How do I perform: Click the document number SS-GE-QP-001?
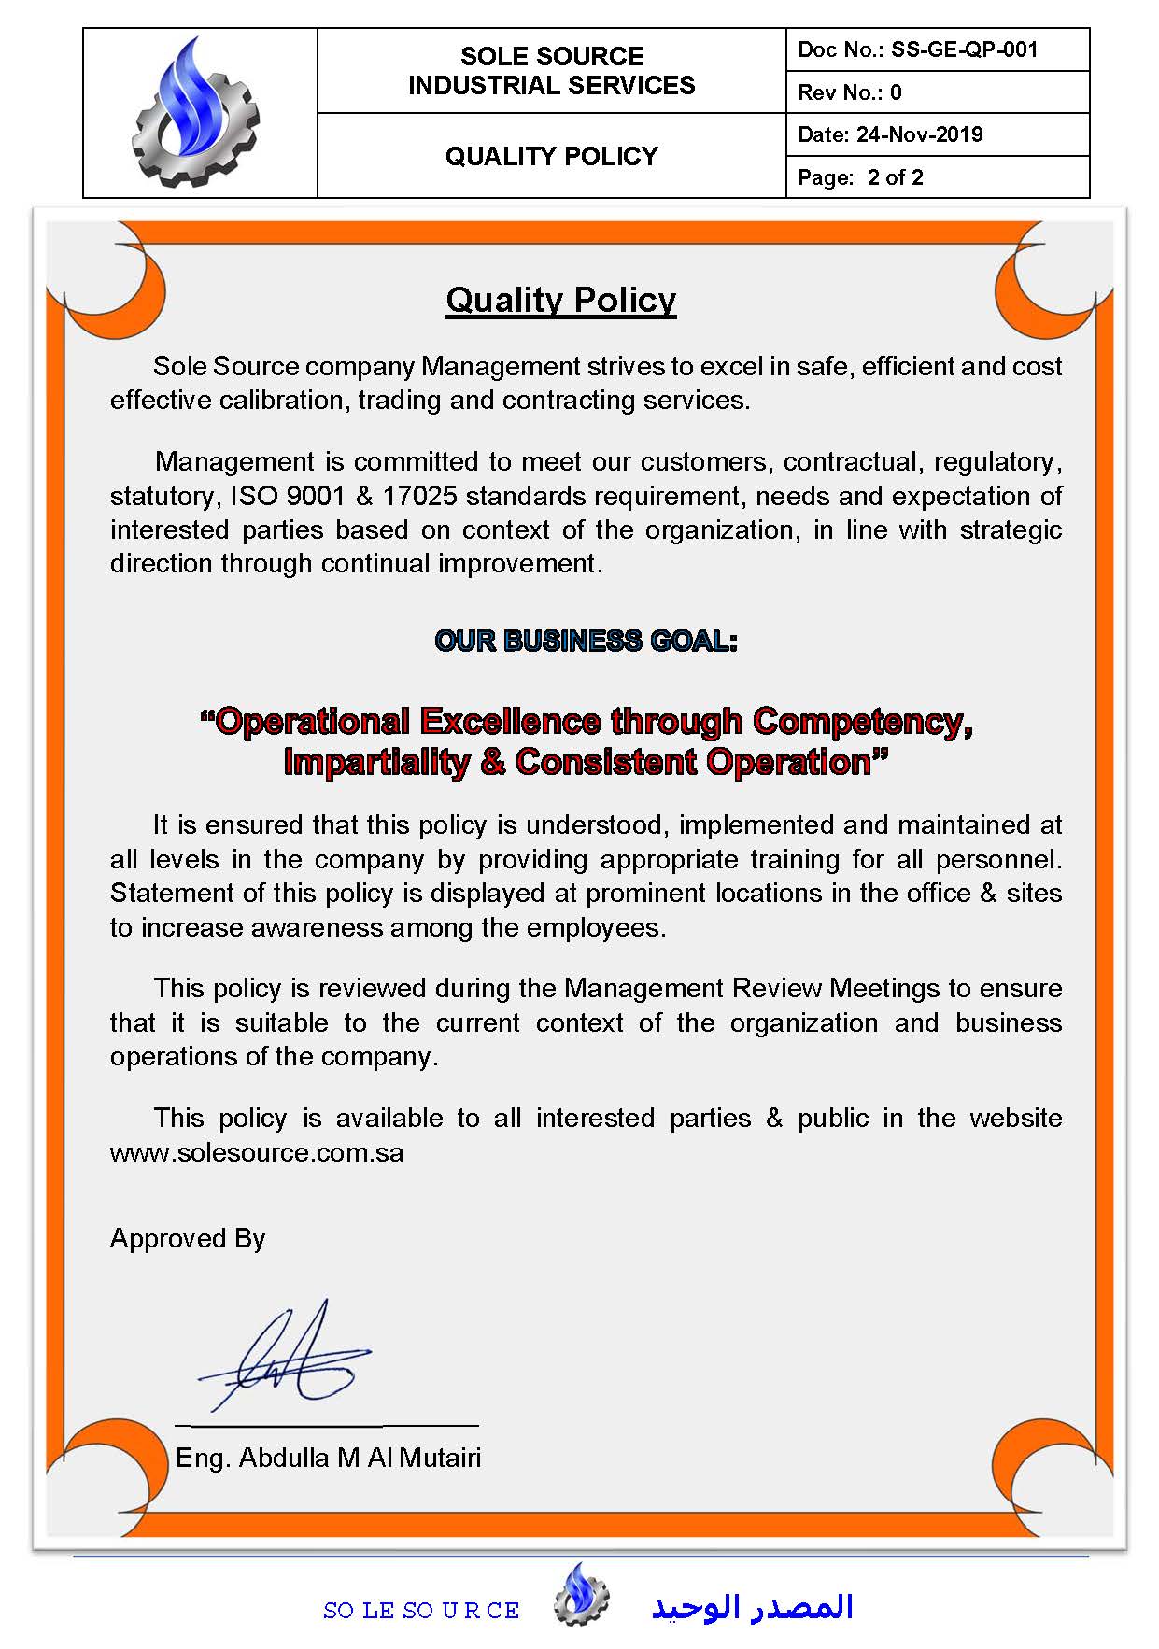[x=964, y=49]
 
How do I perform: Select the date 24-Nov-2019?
[x=919, y=134]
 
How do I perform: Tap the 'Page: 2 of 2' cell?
[x=860, y=177]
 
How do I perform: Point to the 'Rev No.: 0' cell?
[x=850, y=92]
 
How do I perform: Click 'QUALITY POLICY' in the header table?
[x=551, y=156]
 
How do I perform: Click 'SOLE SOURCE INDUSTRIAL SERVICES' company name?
[x=551, y=71]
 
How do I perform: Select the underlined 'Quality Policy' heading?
[x=560, y=300]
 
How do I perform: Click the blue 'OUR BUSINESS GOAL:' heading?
[x=586, y=641]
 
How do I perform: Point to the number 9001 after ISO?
[x=315, y=496]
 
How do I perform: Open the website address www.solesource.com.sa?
[x=257, y=1152]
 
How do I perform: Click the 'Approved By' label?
[x=188, y=1238]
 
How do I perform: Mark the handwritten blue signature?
[x=285, y=1359]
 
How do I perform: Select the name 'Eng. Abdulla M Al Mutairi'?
[x=328, y=1458]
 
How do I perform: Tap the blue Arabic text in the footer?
[x=752, y=1607]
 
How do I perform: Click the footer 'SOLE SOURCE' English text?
[x=421, y=1611]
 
